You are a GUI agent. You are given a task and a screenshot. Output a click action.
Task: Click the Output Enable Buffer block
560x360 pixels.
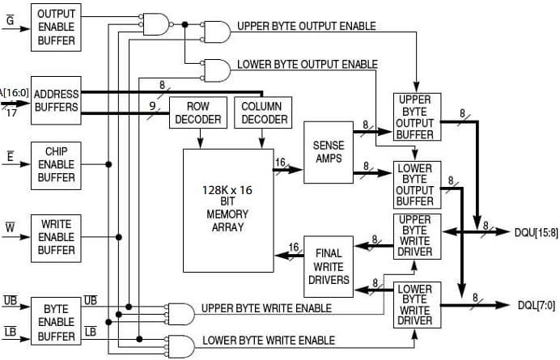55,27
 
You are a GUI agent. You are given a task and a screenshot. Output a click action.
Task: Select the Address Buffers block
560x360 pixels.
56,101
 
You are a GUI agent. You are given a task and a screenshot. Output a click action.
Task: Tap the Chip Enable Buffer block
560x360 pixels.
56,165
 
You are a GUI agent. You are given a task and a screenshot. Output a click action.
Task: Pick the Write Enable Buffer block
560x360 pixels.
56,237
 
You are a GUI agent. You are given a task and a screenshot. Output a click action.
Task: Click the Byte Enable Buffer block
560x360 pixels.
56,321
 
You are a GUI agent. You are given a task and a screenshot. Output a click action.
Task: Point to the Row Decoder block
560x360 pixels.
197,113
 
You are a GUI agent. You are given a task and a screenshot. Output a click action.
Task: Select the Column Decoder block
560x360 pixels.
264,113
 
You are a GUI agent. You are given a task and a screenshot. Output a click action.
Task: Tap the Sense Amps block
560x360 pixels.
328,151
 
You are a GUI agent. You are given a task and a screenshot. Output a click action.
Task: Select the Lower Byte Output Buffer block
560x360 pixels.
415,184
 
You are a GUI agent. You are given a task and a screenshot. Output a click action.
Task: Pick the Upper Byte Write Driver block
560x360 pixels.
415,235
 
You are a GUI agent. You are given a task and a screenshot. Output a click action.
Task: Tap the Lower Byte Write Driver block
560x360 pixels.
415,305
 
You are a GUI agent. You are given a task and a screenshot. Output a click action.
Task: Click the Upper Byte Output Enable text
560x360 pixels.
306,27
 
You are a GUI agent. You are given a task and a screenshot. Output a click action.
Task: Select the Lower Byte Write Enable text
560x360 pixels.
269,341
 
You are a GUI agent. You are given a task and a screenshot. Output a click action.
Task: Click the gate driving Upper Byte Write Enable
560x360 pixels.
179,314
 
